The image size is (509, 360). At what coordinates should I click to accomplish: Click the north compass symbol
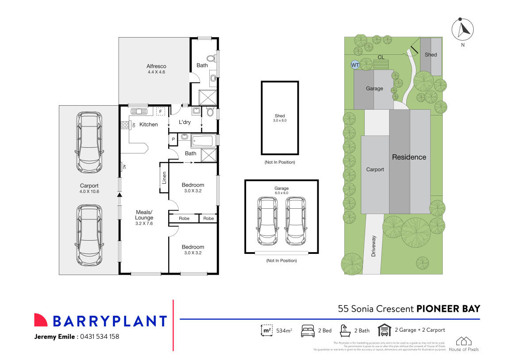pyautogui.click(x=462, y=30)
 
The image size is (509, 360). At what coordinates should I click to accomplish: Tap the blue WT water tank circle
pyautogui.click(x=355, y=65)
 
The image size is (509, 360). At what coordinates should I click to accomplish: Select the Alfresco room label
pyautogui.click(x=156, y=66)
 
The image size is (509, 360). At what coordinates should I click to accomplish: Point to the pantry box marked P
pyautogui.click(x=173, y=139)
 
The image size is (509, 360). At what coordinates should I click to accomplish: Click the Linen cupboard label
pyautogui.click(x=164, y=177)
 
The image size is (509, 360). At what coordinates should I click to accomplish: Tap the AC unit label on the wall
pyautogui.click(x=124, y=167)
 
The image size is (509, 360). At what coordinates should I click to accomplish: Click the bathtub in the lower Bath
pyautogui.click(x=204, y=142)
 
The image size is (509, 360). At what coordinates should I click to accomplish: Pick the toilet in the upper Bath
pyautogui.click(x=211, y=58)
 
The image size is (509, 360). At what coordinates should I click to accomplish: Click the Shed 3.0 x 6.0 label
pyautogui.click(x=280, y=118)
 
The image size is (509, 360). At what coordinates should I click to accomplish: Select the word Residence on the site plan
pyautogui.click(x=409, y=157)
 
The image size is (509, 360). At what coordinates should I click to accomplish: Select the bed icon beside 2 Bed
pyautogui.click(x=308, y=330)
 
